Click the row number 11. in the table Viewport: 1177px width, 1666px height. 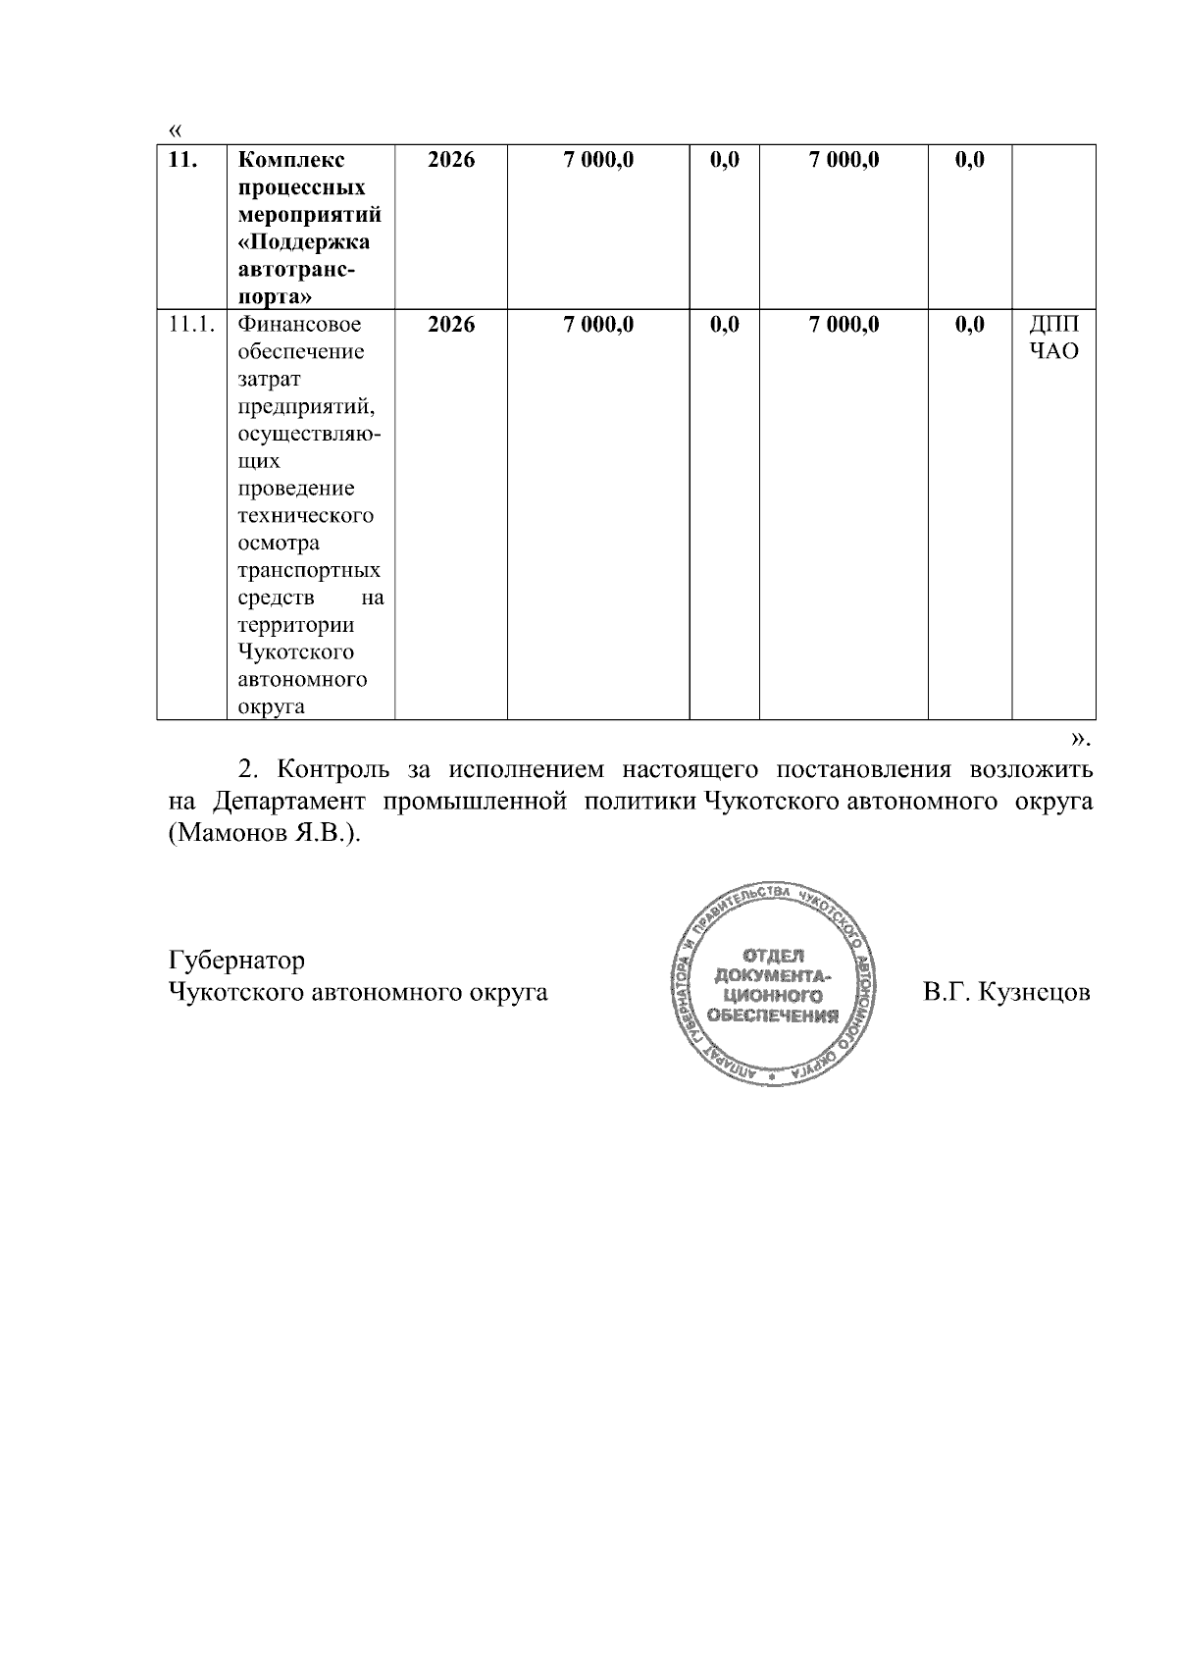coord(182,160)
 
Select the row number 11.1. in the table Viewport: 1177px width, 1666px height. coord(191,325)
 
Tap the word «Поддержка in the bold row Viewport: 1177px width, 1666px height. coord(304,242)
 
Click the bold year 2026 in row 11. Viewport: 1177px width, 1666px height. coord(451,160)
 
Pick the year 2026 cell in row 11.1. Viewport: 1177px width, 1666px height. coord(451,325)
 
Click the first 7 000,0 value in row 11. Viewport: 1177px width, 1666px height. coord(598,160)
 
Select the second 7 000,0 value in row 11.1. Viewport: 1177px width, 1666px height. coord(844,325)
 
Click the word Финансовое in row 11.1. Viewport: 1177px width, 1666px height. coord(299,325)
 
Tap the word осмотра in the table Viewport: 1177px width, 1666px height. coord(279,544)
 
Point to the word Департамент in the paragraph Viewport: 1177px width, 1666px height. coord(289,802)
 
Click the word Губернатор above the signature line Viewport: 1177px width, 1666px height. coord(236,960)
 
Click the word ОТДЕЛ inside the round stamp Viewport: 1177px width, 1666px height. coord(773,956)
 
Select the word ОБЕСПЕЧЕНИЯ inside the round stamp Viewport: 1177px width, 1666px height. coord(773,1015)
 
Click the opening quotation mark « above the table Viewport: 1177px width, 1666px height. coord(175,130)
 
